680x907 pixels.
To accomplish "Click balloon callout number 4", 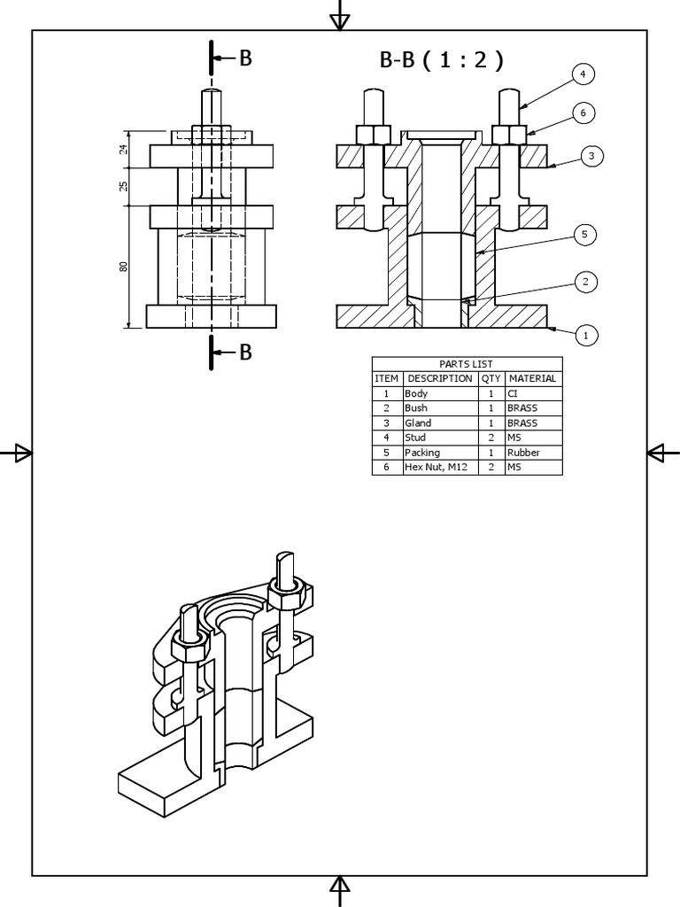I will click(583, 74).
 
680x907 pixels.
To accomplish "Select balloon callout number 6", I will click(583, 112).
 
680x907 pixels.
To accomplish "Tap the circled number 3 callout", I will click(592, 156).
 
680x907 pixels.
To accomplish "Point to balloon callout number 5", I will click(584, 235).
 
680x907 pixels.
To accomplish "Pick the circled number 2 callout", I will click(585, 282).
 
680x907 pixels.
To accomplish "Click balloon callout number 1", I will click(585, 335).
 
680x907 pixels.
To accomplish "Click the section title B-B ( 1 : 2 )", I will click(441, 60).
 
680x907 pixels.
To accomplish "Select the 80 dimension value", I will click(124, 266).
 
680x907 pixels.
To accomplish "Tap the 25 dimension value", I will click(124, 186).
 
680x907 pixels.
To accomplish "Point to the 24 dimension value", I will click(124, 150).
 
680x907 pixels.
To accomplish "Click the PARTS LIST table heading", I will click(466, 364).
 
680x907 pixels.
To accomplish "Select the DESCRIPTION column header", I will click(440, 378).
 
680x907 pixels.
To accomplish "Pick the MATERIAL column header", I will click(533, 378).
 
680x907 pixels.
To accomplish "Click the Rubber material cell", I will click(523, 453).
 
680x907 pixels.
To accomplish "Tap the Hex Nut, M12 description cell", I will click(436, 467).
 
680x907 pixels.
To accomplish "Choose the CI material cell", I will click(513, 393).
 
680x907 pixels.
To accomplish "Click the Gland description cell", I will click(418, 423).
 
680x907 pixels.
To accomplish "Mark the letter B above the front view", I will click(245, 58).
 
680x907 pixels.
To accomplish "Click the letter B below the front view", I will click(245, 353).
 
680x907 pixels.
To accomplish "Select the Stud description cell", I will click(415, 438).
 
